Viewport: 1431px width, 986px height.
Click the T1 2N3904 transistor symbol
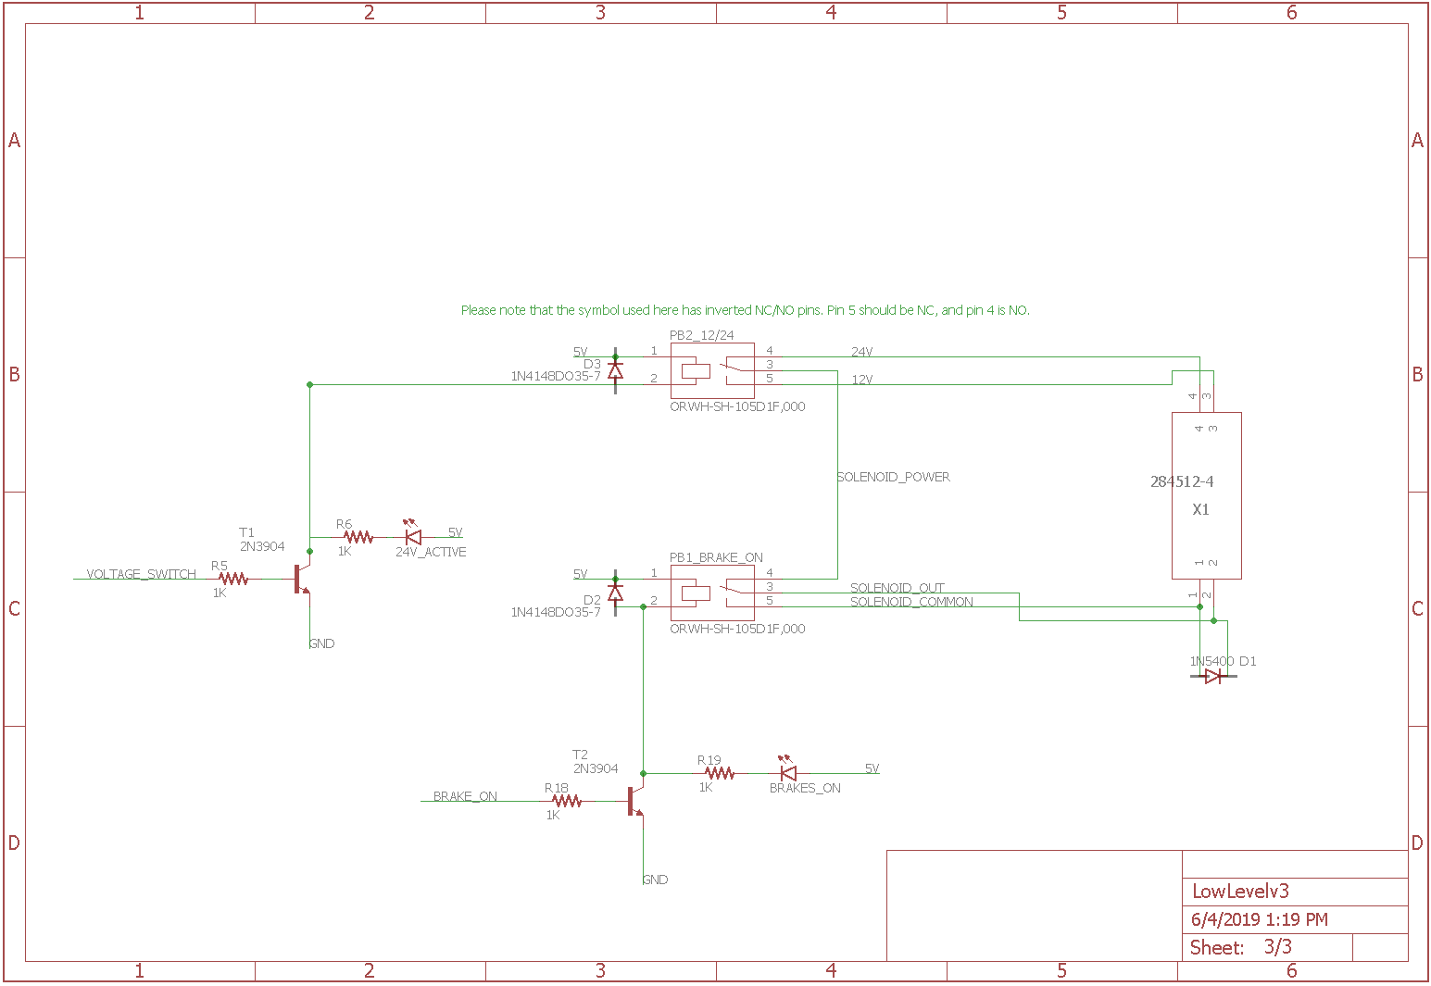pyautogui.click(x=302, y=579)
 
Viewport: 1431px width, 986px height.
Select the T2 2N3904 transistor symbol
pyautogui.click(x=635, y=801)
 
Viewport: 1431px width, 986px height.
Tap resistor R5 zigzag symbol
pyautogui.click(x=233, y=579)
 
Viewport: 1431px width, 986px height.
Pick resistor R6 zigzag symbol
pyautogui.click(x=358, y=537)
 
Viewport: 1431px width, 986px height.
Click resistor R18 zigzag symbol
pyautogui.click(x=567, y=801)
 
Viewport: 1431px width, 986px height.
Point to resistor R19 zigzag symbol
pyautogui.click(x=720, y=773)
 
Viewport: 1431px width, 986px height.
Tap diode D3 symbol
pyautogui.click(x=615, y=371)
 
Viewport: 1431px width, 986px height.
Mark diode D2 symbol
pyautogui.click(x=615, y=593)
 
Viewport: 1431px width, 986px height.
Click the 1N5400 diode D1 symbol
pyautogui.click(x=1213, y=676)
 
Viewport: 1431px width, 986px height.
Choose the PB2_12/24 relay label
pyautogui.click(x=701, y=335)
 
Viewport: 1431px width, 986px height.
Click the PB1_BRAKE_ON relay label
pyautogui.click(x=716, y=557)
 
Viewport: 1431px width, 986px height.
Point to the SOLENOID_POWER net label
pyautogui.click(x=894, y=477)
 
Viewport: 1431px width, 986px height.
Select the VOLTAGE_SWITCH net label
pyautogui.click(x=141, y=574)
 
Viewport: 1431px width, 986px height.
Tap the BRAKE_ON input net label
pyautogui.click(x=465, y=796)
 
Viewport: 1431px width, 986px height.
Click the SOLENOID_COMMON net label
pyautogui.click(x=911, y=602)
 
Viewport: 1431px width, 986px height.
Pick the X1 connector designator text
pyautogui.click(x=1200, y=509)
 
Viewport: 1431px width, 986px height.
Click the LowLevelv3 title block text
pyautogui.click(x=1240, y=892)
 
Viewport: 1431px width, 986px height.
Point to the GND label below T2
pyautogui.click(x=656, y=880)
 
